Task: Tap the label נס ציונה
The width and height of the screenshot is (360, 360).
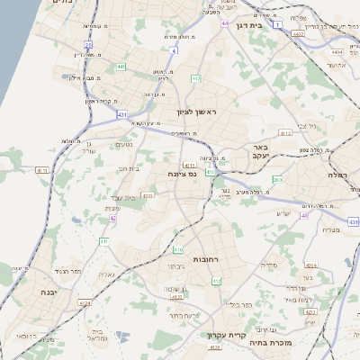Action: coord(182,175)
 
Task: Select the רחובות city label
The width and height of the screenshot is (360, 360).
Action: coord(184,258)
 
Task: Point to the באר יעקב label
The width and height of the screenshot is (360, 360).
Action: coord(259,151)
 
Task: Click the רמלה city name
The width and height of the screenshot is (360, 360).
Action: coord(335,175)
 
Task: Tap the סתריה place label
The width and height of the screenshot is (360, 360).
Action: coord(267,265)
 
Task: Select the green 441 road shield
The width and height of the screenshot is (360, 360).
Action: coord(121,67)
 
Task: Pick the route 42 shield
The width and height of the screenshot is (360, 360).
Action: coord(112,219)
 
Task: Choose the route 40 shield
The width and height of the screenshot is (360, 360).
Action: coord(305,216)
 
